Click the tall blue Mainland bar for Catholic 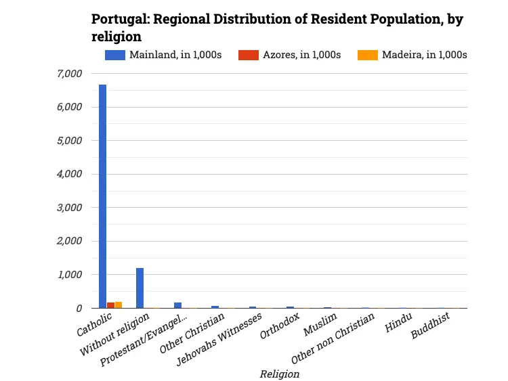tap(102, 196)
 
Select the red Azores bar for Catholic tap(110, 305)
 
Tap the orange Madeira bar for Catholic tap(119, 305)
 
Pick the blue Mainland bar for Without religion tap(140, 288)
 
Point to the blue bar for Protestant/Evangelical tap(177, 305)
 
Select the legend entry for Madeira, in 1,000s tap(413, 55)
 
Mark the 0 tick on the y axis tap(79, 308)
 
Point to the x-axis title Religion tap(279, 373)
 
